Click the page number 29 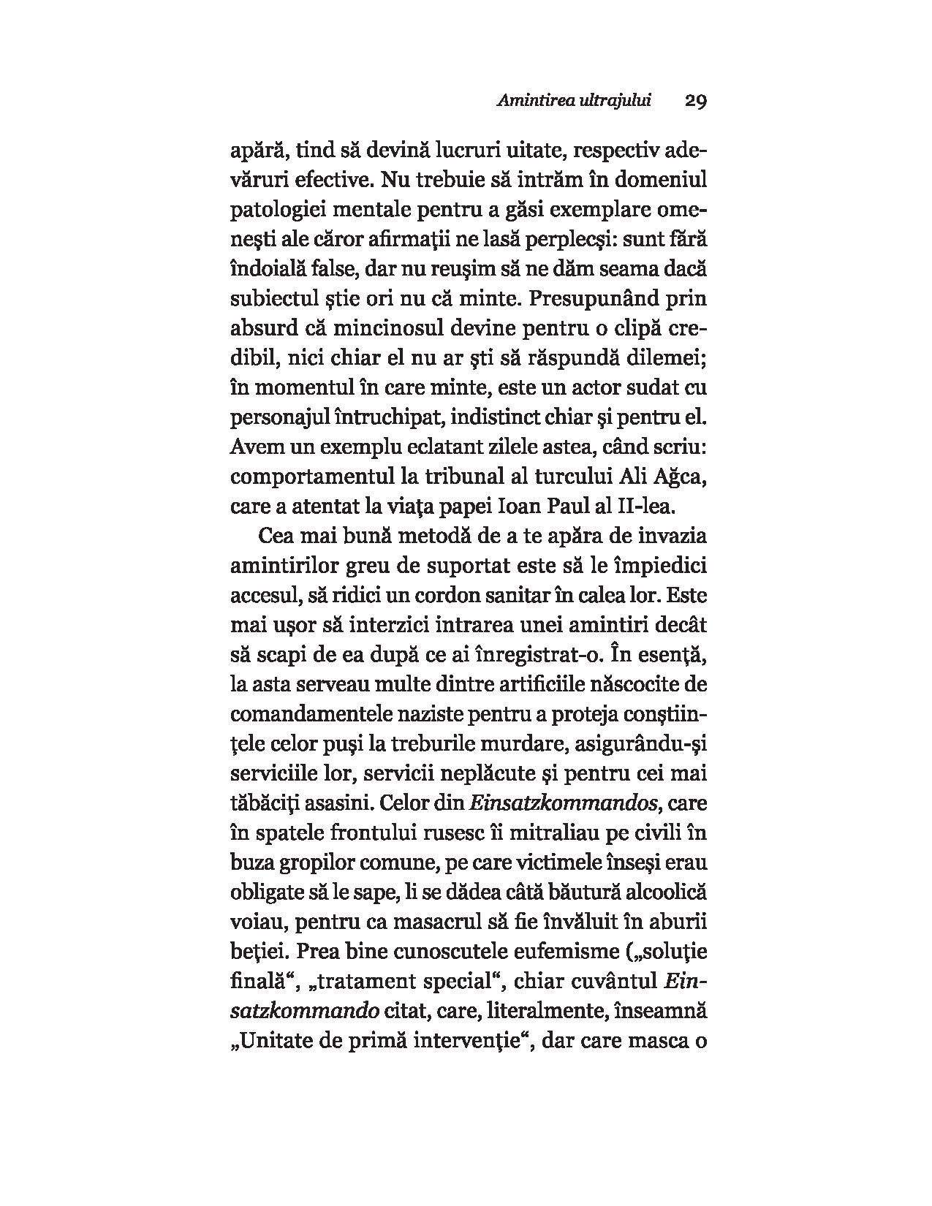coord(695,101)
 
